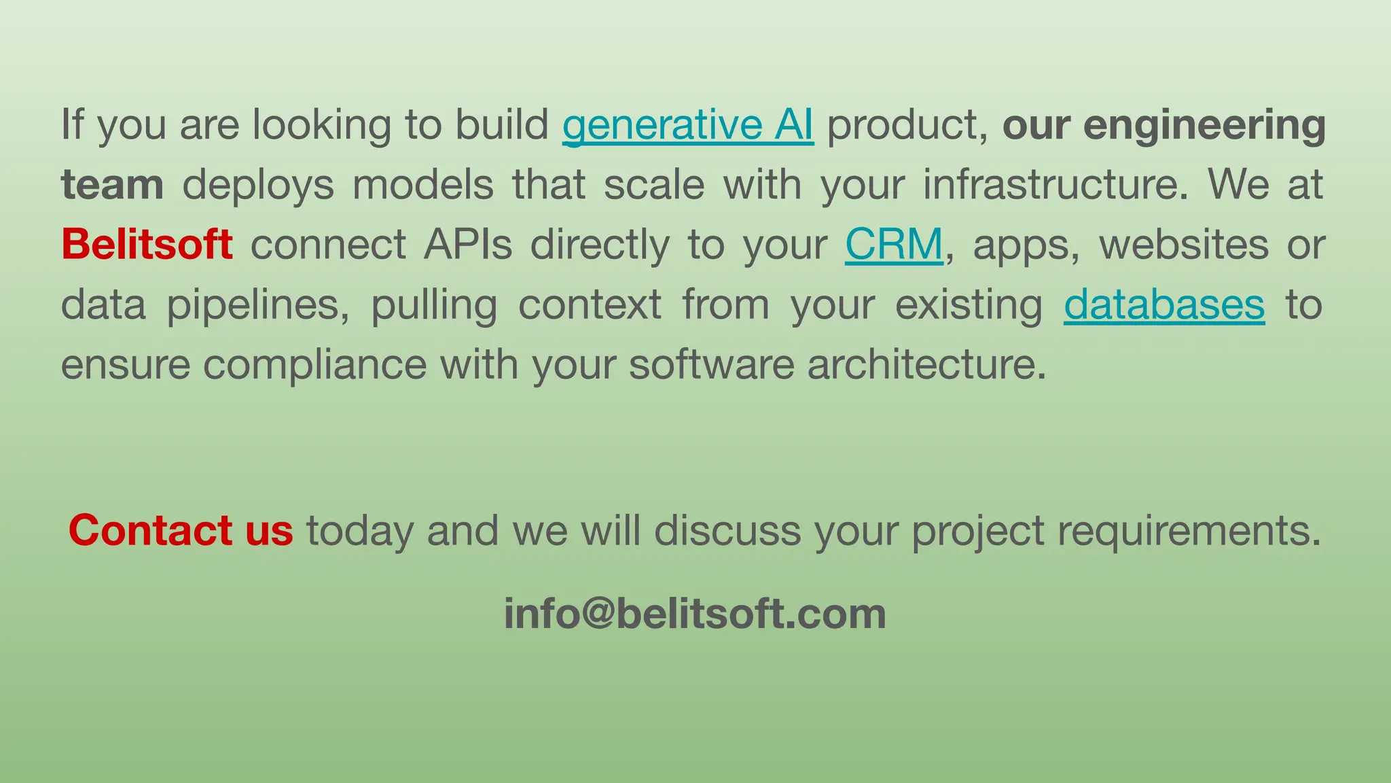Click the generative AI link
point(687,125)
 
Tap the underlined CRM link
point(894,245)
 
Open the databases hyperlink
point(1163,304)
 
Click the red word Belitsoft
point(147,245)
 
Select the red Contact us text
point(181,530)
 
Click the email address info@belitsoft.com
point(695,613)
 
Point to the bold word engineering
point(1204,125)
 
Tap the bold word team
point(112,185)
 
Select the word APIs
point(468,245)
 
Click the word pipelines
point(258,304)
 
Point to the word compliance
point(314,365)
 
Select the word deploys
point(258,185)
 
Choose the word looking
point(322,125)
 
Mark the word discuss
point(727,530)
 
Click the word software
point(711,365)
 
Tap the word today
point(359,530)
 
